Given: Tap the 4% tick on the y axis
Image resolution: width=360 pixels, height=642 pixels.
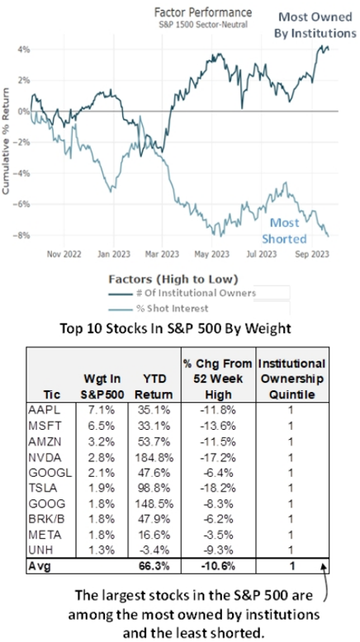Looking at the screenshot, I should [x=23, y=50].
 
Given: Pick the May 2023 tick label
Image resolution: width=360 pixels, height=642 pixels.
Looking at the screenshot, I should [x=213, y=254].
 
